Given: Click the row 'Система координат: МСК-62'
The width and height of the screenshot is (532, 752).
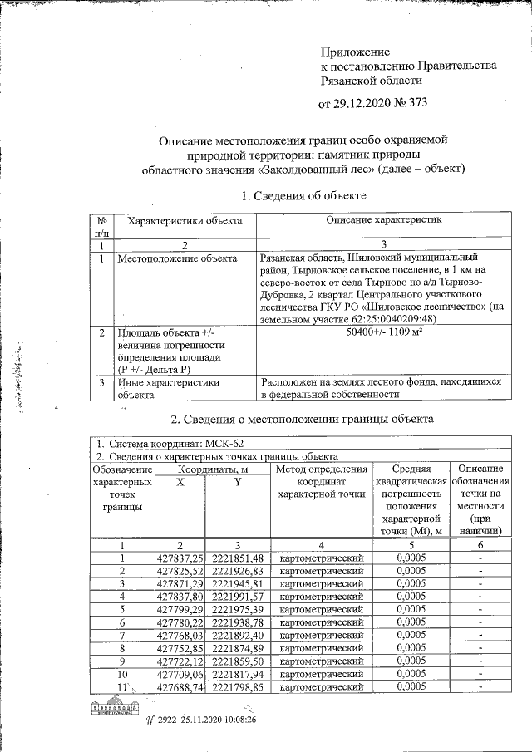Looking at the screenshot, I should pyautogui.click(x=172, y=444).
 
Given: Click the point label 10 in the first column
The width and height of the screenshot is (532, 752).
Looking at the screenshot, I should pyautogui.click(x=122, y=674).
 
